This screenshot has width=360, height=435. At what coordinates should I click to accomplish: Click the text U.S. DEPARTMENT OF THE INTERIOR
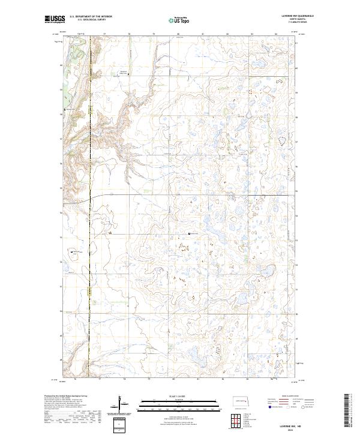tap(91, 17)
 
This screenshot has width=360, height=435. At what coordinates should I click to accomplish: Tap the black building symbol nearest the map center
tap(190, 233)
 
